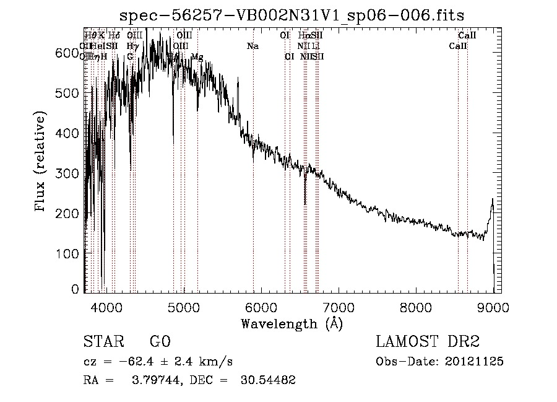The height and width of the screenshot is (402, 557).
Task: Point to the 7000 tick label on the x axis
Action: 339,307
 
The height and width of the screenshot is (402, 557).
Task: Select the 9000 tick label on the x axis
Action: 493,307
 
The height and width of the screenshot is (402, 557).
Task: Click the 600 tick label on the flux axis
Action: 66,54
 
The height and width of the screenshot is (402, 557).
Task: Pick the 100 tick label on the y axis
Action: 66,253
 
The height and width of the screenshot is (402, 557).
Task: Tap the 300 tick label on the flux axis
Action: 66,173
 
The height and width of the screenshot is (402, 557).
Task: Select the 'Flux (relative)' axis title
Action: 41,162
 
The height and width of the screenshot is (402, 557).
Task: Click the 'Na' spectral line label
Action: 253,46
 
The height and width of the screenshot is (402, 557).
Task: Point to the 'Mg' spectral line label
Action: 197,57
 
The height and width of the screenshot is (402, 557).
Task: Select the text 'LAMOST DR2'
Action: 428,342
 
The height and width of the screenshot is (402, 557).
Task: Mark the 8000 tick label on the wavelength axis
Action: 415,307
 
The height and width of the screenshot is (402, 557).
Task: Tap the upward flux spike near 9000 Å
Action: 492,201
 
